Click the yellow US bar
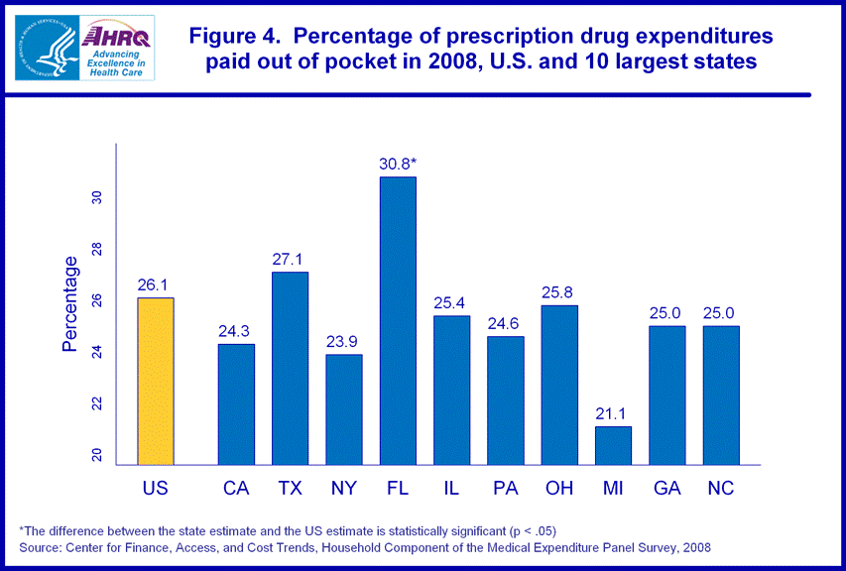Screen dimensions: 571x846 (156, 381)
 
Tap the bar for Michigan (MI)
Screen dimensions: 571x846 (613, 445)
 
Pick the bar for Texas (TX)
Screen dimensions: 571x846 (291, 368)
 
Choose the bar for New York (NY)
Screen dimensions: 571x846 (344, 409)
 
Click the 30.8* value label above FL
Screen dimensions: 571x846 (398, 164)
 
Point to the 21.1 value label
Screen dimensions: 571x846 (613, 413)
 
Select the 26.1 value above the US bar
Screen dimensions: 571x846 (156, 285)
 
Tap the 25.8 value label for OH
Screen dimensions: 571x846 (559, 292)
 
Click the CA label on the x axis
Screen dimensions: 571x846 (236, 488)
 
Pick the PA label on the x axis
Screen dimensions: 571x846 (506, 488)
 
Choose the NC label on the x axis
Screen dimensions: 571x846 (720, 488)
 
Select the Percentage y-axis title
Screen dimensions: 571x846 (70, 304)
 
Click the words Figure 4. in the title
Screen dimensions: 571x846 (234, 38)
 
